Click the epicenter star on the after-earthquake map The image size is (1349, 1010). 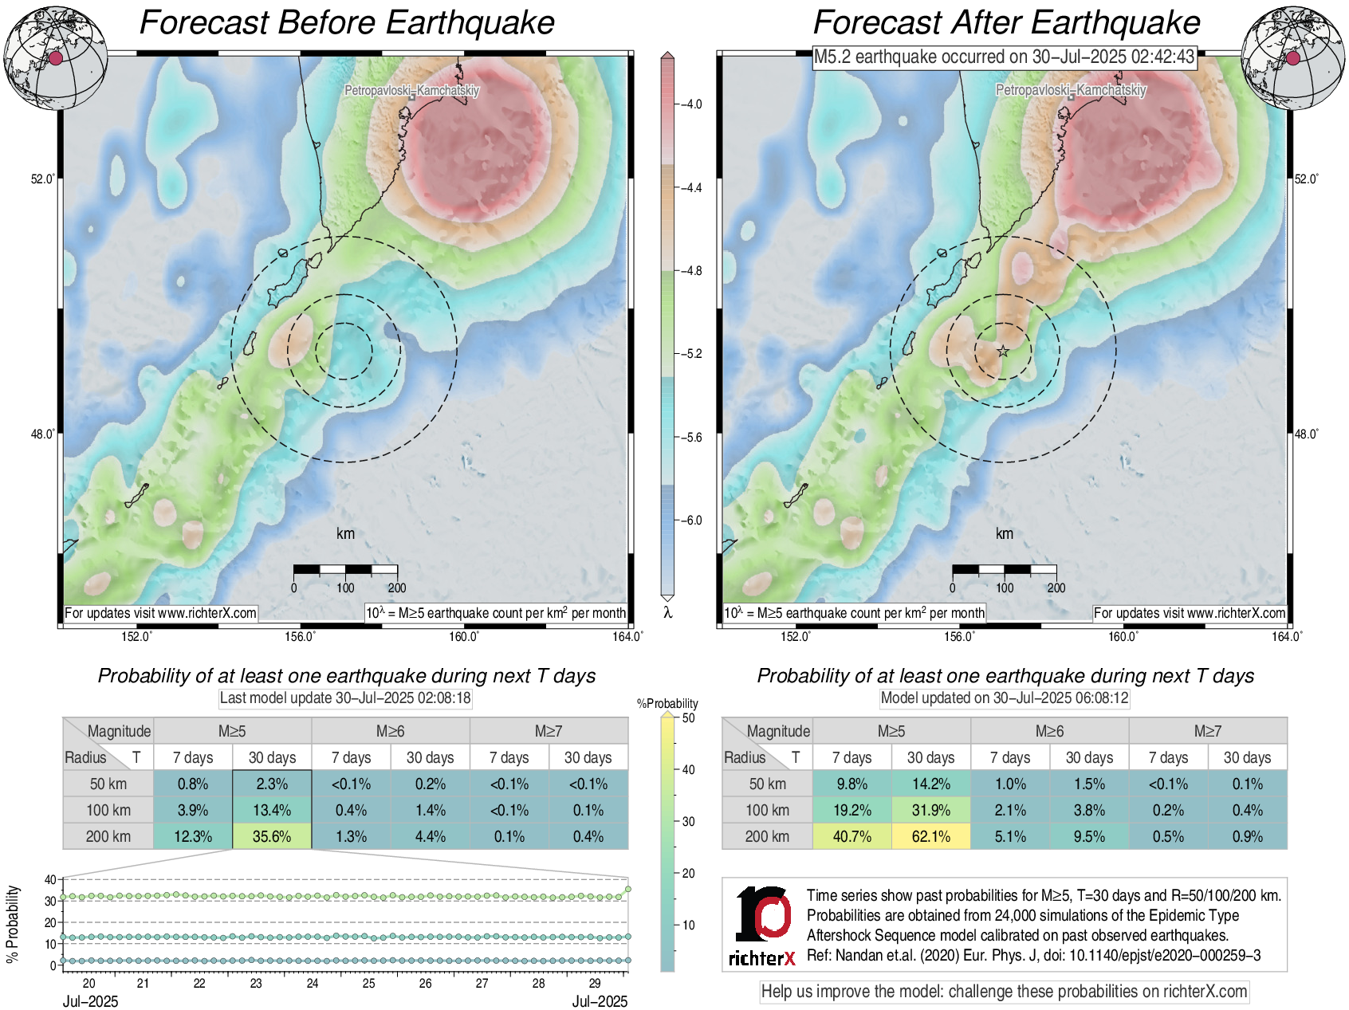tap(1003, 351)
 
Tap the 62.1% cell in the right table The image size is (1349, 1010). tap(930, 836)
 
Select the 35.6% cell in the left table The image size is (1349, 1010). tap(272, 836)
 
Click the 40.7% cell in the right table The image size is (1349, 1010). tap(851, 836)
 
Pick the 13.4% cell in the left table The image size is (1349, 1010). tap(272, 810)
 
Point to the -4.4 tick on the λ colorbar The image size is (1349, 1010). tap(690, 188)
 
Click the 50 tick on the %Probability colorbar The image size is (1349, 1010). tap(688, 718)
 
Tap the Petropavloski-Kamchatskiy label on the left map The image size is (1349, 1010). tap(411, 91)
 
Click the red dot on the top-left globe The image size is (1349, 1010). tap(55, 58)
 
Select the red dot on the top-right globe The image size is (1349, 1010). tap(1292, 57)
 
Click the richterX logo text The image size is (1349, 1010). tap(761, 958)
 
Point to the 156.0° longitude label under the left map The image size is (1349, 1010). tap(301, 636)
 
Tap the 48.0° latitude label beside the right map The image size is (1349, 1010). tap(1306, 434)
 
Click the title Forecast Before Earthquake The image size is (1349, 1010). tap(347, 22)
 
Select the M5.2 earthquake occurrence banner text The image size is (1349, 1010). tap(1004, 57)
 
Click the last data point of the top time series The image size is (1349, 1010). tap(628, 889)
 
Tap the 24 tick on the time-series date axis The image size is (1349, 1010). tap(313, 984)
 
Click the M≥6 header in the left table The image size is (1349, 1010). tap(390, 731)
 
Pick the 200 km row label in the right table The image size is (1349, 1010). tap(767, 836)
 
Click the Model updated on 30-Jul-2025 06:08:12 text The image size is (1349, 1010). tap(1004, 698)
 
